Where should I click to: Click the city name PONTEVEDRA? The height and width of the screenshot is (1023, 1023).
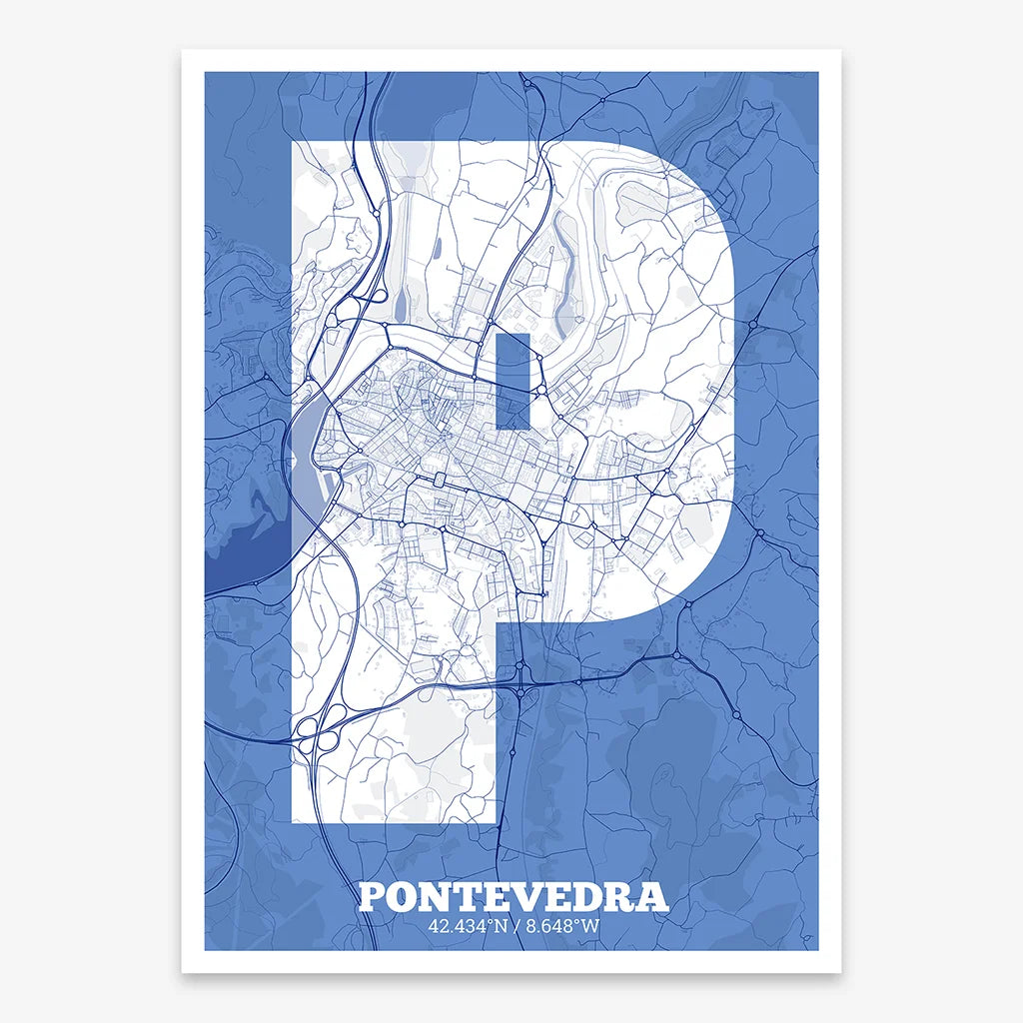click(512, 896)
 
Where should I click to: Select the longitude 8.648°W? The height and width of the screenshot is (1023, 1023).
click(561, 926)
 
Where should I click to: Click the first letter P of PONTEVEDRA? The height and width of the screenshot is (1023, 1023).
click(372, 896)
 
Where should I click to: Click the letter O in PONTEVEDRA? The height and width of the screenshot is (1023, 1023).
click(402, 896)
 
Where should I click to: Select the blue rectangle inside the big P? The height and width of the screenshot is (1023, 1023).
click(512, 380)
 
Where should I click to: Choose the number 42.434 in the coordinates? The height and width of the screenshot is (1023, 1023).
click(454, 926)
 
